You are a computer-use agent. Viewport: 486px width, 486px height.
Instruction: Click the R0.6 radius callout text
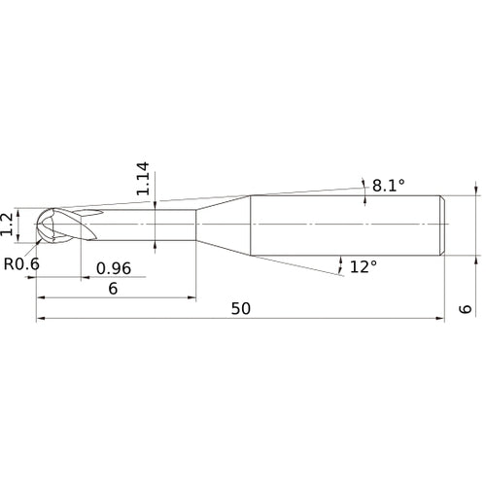[21, 262]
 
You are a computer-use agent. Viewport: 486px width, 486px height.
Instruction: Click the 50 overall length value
[241, 308]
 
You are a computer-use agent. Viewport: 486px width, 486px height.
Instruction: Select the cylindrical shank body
[345, 226]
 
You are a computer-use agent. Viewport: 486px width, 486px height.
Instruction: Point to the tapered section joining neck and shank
[224, 226]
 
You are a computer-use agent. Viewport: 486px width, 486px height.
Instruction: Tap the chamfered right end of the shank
[443, 226]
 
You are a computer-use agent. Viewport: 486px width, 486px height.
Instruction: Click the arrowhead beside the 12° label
[341, 262]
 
